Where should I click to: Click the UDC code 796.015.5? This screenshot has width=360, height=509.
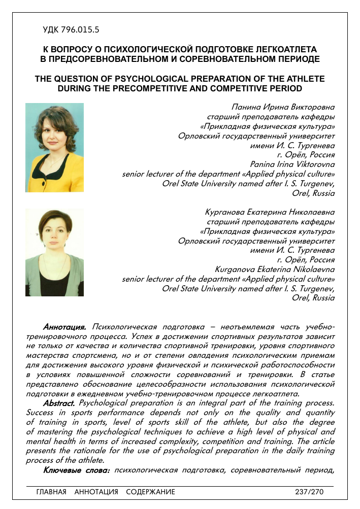[x=71, y=30]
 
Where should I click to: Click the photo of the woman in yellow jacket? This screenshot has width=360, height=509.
[x=54, y=147]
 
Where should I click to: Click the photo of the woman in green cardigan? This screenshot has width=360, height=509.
[x=54, y=252]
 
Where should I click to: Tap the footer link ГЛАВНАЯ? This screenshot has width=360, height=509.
[x=51, y=492]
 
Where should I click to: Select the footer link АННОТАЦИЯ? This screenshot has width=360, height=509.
[x=96, y=492]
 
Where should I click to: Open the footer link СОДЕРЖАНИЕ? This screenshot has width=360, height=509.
[x=150, y=492]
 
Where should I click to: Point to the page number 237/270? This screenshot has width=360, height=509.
[x=309, y=492]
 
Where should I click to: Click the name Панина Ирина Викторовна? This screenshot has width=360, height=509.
[x=283, y=107]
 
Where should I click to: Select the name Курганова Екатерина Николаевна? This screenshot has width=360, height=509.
[x=269, y=212]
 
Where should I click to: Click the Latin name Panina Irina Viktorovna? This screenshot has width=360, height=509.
[x=292, y=164]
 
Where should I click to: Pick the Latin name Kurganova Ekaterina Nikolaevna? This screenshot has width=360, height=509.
[x=275, y=269]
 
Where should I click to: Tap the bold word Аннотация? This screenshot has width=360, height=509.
[x=64, y=326]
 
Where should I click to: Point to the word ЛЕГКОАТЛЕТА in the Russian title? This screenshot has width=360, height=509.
[x=287, y=50]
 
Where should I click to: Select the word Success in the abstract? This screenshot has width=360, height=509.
[x=40, y=413]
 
